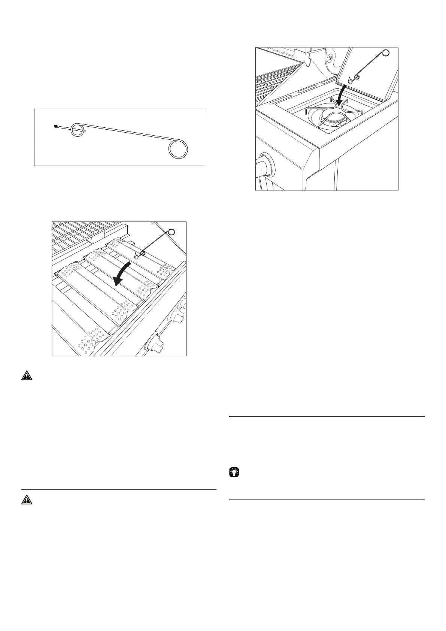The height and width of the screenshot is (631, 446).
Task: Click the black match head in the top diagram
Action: point(55,126)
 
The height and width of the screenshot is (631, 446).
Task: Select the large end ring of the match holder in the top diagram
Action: point(177,149)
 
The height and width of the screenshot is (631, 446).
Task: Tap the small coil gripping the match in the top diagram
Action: point(78,130)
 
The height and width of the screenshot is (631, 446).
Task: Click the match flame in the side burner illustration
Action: point(351,79)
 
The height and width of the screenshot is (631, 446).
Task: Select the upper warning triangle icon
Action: point(27,376)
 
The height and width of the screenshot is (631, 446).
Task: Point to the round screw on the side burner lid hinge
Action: point(330,57)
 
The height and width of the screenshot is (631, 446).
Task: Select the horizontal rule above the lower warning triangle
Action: point(119,490)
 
